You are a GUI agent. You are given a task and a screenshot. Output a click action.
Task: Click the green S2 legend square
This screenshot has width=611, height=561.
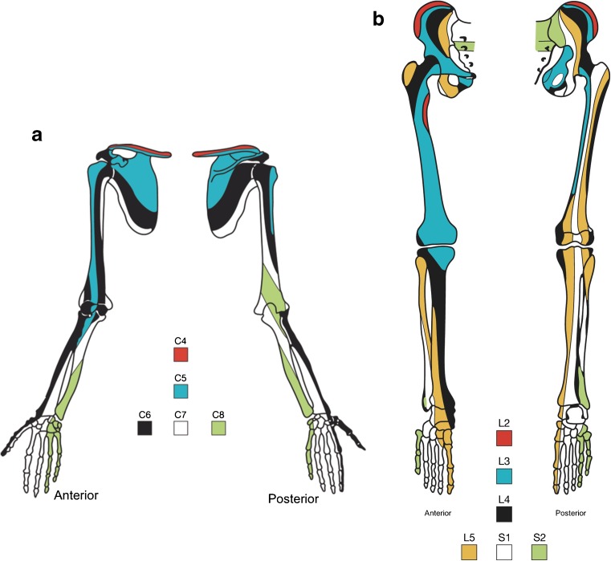pos(540,551)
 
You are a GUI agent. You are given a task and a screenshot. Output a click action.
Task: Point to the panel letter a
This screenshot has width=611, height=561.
pos(36,136)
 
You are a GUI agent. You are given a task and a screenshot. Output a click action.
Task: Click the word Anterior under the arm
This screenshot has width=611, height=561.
pos(75,496)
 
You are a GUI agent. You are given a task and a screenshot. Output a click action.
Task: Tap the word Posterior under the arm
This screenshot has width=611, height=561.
pos(292,499)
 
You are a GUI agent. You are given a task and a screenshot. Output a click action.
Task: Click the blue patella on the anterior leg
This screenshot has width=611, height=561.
pos(439,260)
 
